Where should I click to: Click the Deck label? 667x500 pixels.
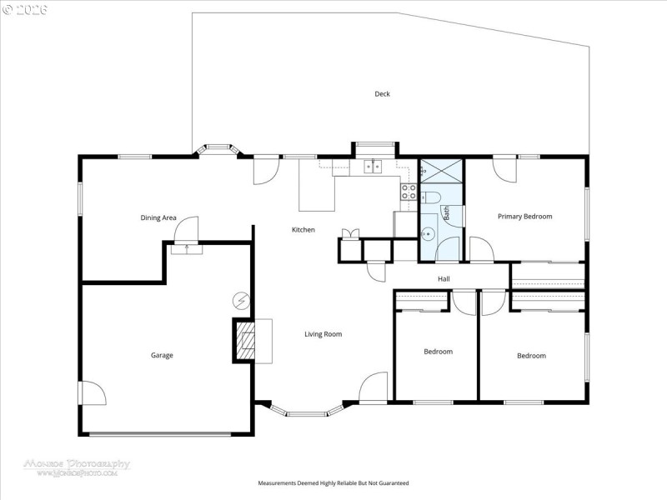tap(382, 94)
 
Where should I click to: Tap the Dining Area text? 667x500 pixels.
tap(158, 217)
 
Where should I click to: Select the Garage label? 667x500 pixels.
tap(162, 356)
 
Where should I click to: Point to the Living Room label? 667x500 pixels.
tap(323, 334)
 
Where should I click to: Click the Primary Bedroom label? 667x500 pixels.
tap(524, 217)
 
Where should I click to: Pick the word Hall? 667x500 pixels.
tap(444, 279)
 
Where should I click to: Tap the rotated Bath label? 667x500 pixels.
tap(446, 213)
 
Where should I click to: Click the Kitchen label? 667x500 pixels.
tap(303, 230)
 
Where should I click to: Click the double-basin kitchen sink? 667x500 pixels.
tap(373, 167)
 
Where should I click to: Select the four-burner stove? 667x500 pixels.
tap(409, 192)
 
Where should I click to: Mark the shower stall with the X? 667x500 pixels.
tap(441, 171)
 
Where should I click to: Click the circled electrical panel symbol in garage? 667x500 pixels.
tap(240, 301)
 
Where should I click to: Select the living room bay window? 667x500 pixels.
tap(310, 410)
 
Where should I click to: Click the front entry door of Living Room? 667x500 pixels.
tap(374, 388)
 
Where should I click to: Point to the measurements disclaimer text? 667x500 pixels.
tap(333, 483)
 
